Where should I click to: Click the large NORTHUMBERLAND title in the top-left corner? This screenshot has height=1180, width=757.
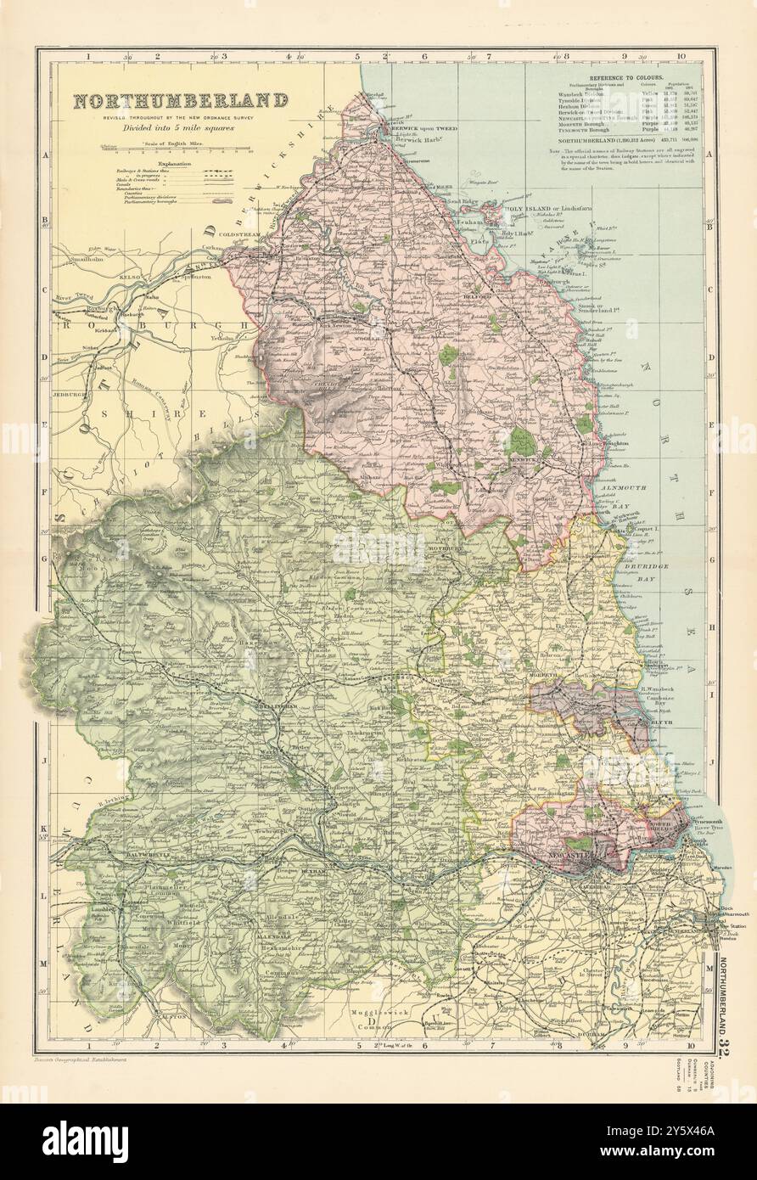tap(180, 101)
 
